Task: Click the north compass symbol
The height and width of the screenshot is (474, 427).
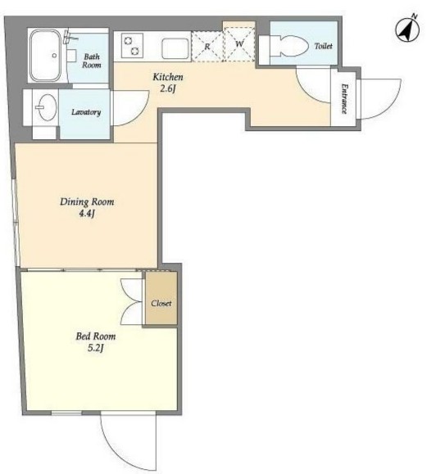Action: [x=407, y=29]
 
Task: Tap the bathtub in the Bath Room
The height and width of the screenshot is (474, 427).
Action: [x=46, y=56]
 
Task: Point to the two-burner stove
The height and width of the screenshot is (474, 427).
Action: [x=132, y=46]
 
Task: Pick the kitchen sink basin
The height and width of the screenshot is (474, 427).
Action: [x=175, y=48]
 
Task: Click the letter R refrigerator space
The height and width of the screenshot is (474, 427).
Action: [x=207, y=47]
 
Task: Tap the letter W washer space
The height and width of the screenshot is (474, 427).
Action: [x=239, y=44]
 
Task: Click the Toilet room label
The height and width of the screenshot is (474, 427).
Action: [x=323, y=46]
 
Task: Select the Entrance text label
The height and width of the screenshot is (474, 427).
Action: [x=344, y=98]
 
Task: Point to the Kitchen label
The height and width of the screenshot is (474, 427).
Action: [x=168, y=77]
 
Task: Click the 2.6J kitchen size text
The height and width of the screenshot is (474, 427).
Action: [x=168, y=89]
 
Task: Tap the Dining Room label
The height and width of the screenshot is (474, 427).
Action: [x=87, y=201]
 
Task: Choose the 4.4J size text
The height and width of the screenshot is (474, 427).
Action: [x=87, y=214]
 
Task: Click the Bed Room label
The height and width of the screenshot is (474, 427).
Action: [x=96, y=336]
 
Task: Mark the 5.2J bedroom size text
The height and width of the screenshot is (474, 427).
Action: [x=96, y=348]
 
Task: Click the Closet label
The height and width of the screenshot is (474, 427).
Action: [x=161, y=303]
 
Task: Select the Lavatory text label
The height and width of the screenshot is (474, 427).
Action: [x=86, y=112]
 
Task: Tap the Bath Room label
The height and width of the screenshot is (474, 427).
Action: [x=92, y=61]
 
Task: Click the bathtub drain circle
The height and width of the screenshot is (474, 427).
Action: [x=54, y=56]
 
